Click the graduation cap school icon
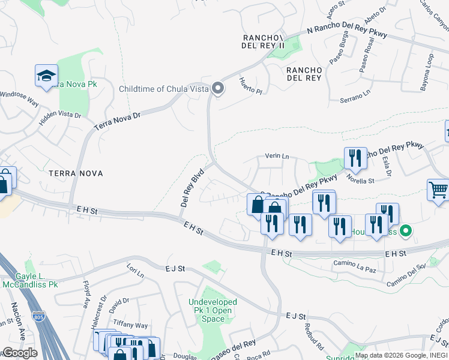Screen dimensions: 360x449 pyautogui.click(x=46, y=76)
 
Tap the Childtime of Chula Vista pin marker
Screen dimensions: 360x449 pyautogui.click(x=218, y=89)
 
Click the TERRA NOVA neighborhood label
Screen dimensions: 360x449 pyautogui.click(x=76, y=173)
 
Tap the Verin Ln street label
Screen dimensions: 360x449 pyautogui.click(x=277, y=157)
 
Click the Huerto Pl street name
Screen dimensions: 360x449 pyautogui.click(x=251, y=86)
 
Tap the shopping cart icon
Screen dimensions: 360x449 pyautogui.click(x=438, y=190)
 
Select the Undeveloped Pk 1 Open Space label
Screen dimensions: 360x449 pyautogui.click(x=212, y=310)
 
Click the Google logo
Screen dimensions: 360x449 pyautogui.click(x=20, y=353)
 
